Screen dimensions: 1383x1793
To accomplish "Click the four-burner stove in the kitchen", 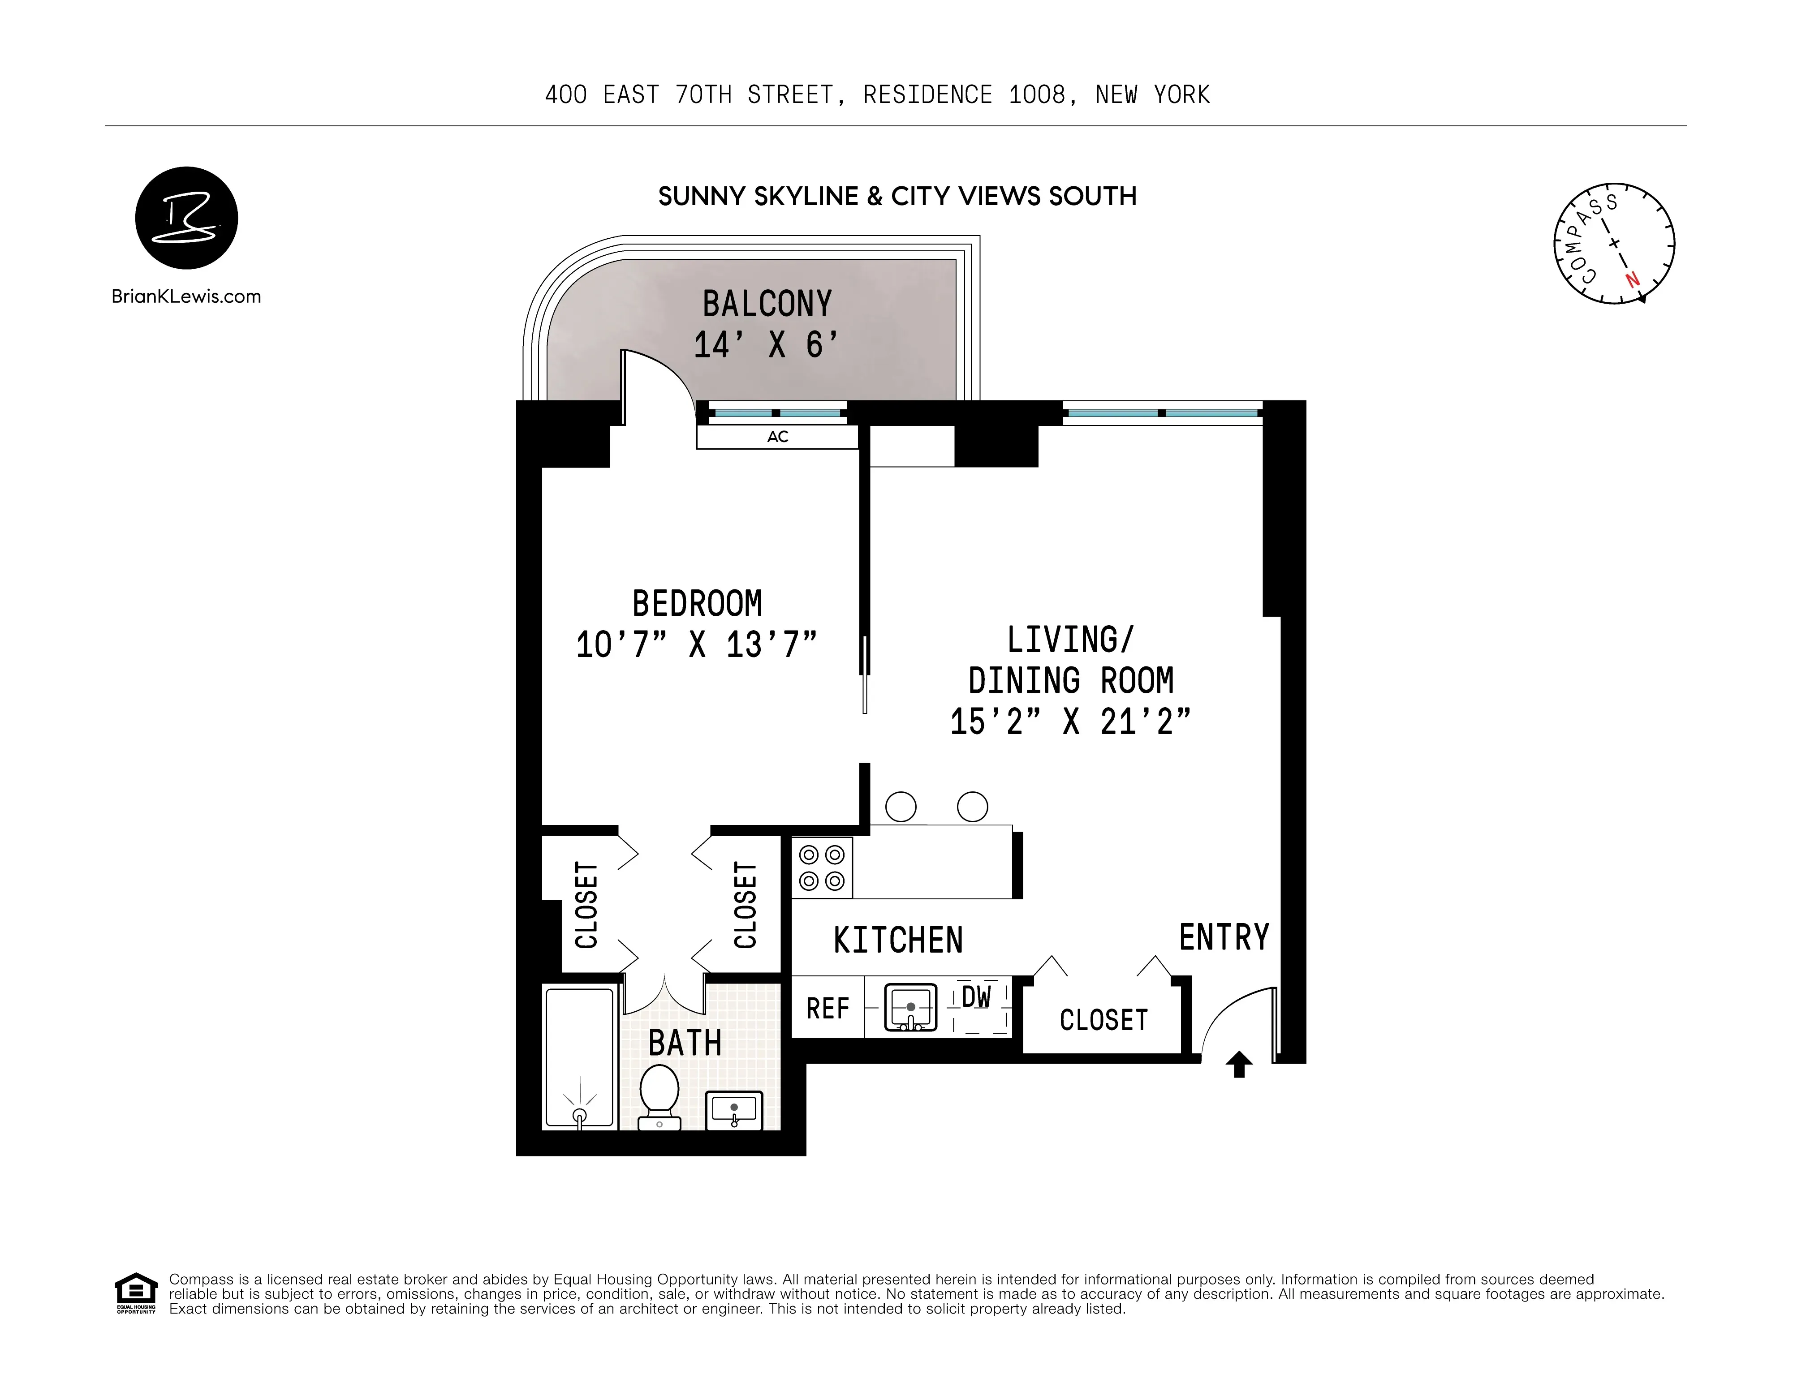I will pyautogui.click(x=822, y=868).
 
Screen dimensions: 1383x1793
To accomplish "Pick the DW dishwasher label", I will pyautogui.click(x=976, y=997).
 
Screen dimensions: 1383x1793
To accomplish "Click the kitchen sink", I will pyautogui.click(x=910, y=1008).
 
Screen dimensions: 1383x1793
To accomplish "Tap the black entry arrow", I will pyautogui.click(x=1239, y=1065).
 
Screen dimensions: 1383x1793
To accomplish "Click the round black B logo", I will pyautogui.click(x=186, y=218).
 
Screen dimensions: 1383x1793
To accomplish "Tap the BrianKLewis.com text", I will pyautogui.click(x=186, y=297).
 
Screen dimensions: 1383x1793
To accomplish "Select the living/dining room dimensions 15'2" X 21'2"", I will pyautogui.click(x=1070, y=722).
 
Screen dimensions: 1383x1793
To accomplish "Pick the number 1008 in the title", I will pyautogui.click(x=1037, y=95).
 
